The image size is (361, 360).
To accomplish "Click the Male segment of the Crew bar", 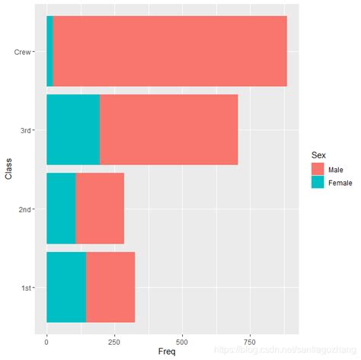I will point(170,51).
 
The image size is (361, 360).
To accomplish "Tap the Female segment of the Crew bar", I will point(50,51).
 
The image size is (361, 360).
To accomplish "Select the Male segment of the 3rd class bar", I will point(168,129).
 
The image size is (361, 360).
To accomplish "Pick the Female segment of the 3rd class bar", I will point(73,129).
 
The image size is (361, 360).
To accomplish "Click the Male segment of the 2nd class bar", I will point(100,209).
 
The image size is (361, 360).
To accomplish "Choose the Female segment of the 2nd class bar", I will point(61,209).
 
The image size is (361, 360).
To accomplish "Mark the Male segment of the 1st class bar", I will point(110,287).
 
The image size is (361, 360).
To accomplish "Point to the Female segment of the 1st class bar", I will point(66,287).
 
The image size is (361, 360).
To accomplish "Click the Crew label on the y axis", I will point(23,52).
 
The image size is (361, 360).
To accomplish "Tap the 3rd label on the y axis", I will point(25,130).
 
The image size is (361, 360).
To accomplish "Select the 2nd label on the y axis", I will point(24,209).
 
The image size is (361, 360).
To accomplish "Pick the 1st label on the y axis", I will point(26,288).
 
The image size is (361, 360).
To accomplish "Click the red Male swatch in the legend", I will point(316,169).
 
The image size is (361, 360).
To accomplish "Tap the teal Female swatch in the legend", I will point(316,183).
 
